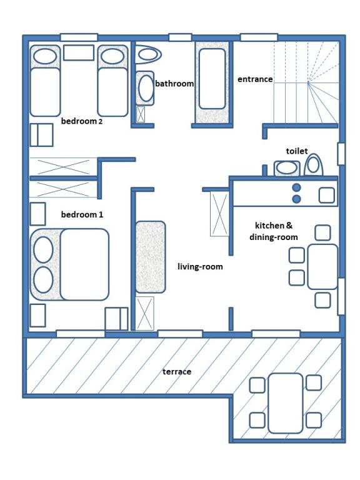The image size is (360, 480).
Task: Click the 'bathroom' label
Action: (x=174, y=84)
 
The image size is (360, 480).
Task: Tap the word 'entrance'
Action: (x=255, y=79)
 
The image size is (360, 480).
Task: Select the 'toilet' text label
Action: (x=297, y=151)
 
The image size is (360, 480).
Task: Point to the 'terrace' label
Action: (x=177, y=372)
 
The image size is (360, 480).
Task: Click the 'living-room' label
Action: (x=200, y=267)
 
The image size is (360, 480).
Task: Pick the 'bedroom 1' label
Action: (x=82, y=214)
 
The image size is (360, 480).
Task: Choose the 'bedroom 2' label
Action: (x=82, y=121)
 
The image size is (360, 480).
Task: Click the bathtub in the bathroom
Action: (x=212, y=79)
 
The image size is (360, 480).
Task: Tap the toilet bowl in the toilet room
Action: (x=314, y=165)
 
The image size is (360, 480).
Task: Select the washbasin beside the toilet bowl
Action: (x=287, y=168)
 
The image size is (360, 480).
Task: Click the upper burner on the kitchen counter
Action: (x=296, y=187)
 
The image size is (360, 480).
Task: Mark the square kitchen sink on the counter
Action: (x=327, y=195)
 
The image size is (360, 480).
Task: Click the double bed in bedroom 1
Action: (x=69, y=264)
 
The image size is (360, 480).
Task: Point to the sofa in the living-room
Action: (x=150, y=257)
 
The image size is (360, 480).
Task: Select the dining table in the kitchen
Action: (x=322, y=267)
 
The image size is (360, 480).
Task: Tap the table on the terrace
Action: (x=285, y=403)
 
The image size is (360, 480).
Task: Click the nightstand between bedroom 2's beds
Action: (x=79, y=52)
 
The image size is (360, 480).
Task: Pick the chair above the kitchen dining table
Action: (x=322, y=233)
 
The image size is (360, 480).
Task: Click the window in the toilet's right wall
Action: (x=341, y=154)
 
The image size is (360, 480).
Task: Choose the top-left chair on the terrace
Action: (x=257, y=385)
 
